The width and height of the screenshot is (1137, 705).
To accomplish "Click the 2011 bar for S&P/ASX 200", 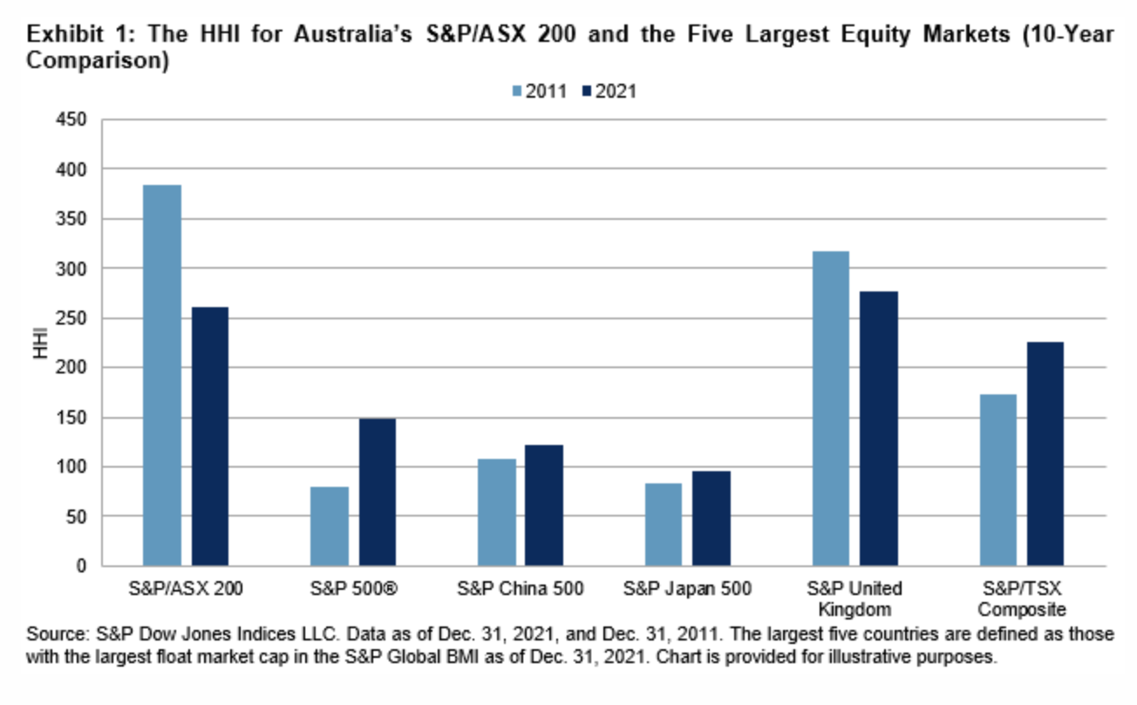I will (x=162, y=375).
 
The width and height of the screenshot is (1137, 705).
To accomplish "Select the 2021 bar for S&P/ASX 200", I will (x=210, y=436).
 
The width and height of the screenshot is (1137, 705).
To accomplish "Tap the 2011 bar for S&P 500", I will (x=330, y=526).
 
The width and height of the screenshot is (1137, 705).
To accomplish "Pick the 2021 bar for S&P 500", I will (x=377, y=492).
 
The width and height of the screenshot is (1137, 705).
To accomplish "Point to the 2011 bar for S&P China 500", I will (x=497, y=512).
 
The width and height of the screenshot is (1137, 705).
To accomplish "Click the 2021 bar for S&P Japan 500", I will (x=711, y=518).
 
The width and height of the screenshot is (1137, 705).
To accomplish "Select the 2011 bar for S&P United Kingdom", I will (x=830, y=408).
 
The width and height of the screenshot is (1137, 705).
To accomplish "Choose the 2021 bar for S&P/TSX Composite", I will (x=1045, y=454).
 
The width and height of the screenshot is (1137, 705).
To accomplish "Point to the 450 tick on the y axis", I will (x=76, y=119).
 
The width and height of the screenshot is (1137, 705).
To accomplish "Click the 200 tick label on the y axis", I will (x=76, y=367).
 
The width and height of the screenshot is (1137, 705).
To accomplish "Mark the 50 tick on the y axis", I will (x=80, y=517).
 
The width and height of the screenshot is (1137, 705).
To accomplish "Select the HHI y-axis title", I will (x=39, y=342).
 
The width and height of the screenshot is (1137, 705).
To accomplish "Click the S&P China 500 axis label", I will (x=521, y=587).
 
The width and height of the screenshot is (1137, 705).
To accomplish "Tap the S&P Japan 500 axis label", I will (x=688, y=587).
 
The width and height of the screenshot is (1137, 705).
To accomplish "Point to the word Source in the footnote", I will (x=52, y=634).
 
